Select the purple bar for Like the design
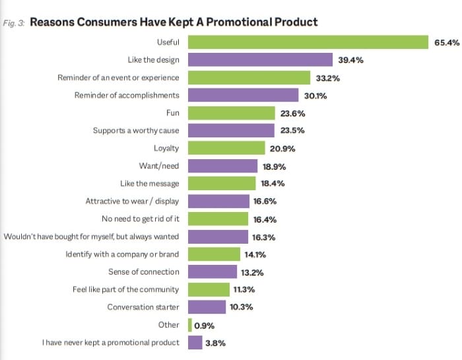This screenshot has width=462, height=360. click(x=260, y=60)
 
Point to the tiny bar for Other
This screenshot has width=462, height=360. click(x=190, y=325)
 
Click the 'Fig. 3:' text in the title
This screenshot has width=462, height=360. click(x=15, y=22)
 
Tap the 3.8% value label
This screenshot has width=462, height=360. click(x=216, y=343)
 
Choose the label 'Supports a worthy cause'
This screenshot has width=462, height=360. click(x=136, y=131)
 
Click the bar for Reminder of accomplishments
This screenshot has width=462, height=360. click(x=243, y=95)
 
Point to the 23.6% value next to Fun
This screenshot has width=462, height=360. click(x=292, y=113)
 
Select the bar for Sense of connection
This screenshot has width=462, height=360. click(x=213, y=271)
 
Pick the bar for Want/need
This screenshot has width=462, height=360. click(x=222, y=166)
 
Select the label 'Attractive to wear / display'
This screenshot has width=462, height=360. click(x=132, y=201)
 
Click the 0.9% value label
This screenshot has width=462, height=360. click(x=204, y=325)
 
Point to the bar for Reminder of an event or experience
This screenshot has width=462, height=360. click(x=249, y=78)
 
